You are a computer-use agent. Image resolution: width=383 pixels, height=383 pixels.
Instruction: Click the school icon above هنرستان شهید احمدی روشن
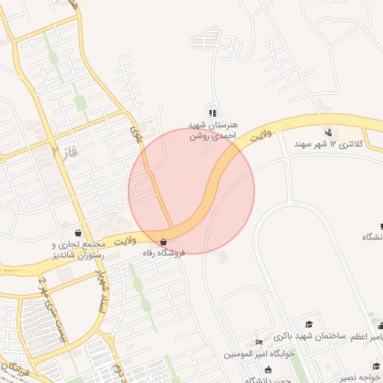coord(212,113)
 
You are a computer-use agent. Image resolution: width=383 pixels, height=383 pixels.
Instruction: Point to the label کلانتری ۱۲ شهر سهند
coord(328,143)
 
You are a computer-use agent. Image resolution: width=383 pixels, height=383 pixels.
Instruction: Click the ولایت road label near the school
coord(259,137)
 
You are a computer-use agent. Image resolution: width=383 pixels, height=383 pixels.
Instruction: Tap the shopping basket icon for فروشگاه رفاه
coord(164,242)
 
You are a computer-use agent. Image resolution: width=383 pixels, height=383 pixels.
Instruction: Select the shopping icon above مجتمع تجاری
coord(79,233)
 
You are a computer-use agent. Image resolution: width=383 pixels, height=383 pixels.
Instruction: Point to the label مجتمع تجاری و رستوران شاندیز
coord(78,250)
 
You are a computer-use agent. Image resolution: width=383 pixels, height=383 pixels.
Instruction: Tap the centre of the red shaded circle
coord(191,191)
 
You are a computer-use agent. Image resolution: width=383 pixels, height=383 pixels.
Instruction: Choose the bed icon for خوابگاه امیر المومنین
coord(259,342)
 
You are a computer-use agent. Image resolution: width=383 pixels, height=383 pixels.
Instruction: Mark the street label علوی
coord(136,133)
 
